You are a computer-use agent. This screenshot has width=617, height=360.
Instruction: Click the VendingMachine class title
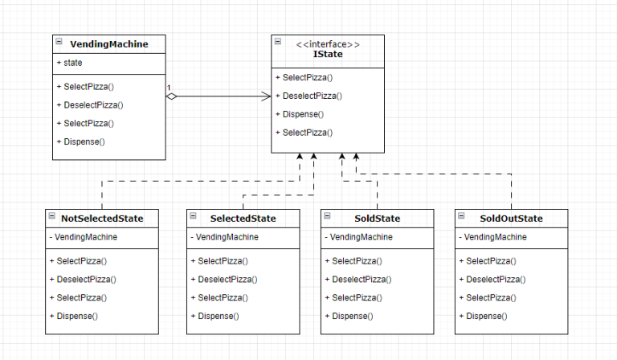point(109,44)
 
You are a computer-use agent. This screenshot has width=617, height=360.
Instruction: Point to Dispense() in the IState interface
point(302,114)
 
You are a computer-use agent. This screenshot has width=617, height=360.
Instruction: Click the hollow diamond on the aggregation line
point(171,96)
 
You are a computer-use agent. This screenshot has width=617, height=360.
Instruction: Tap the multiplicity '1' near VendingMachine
point(170,87)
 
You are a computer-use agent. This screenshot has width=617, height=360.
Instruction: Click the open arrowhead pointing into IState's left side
point(266,96)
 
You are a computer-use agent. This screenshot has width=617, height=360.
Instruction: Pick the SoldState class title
point(377,219)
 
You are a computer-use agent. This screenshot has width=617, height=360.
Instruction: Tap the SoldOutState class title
point(511,219)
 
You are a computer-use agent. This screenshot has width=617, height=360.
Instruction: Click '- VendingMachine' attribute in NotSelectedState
point(83,237)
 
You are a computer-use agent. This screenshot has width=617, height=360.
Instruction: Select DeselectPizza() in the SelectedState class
point(224,279)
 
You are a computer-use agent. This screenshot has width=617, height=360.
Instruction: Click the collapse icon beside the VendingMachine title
point(59,41)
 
